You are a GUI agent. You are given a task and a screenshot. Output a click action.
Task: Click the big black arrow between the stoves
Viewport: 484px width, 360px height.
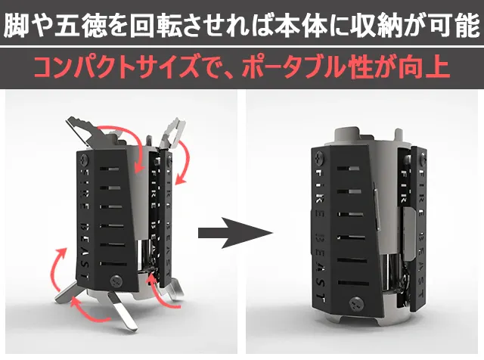[x=235, y=233]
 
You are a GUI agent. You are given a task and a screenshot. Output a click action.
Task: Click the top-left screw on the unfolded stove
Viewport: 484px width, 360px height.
[x=84, y=160]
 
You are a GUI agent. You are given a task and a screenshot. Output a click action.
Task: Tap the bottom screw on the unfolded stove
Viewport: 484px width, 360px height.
[x=116, y=281]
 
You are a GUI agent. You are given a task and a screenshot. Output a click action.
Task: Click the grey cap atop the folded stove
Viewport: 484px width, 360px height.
[x=347, y=135]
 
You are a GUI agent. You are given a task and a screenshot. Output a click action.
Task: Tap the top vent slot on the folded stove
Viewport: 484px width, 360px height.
[x=348, y=169]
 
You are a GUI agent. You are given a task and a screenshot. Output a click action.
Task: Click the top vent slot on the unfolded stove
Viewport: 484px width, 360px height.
[x=109, y=169]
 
